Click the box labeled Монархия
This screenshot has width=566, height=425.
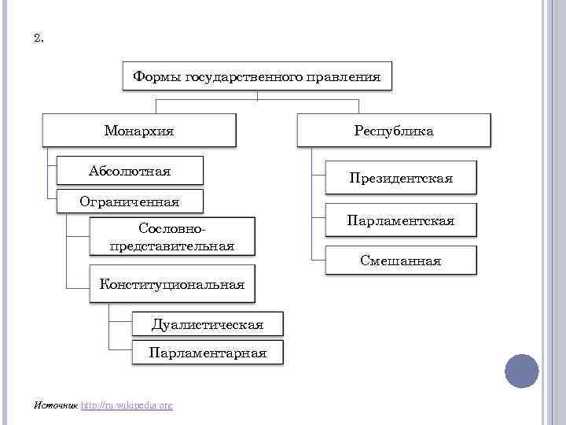point(139,131)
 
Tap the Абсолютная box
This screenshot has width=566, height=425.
point(130,171)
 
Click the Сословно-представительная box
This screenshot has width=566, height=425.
point(173,237)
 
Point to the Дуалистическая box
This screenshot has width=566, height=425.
point(208,323)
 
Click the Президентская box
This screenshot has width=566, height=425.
point(400,179)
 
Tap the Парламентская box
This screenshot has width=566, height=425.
point(400,221)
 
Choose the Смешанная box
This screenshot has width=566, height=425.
point(400,261)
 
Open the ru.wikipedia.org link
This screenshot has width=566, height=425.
point(127,405)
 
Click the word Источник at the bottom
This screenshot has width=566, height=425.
point(56,405)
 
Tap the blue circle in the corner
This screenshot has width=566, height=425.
point(521,371)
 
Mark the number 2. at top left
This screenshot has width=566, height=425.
point(39,38)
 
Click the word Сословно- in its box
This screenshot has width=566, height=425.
point(172,228)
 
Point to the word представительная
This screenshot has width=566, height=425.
point(173,246)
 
